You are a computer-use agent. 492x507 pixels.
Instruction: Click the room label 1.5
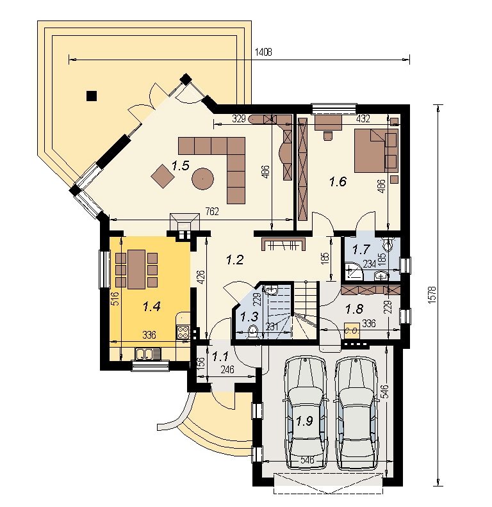click(x=180, y=166)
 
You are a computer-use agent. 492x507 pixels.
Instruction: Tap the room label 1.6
click(x=338, y=182)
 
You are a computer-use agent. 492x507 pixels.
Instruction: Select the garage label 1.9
click(x=304, y=421)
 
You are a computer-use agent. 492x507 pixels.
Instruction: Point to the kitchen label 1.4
click(x=152, y=306)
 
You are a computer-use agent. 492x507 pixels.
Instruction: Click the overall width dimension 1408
click(x=263, y=52)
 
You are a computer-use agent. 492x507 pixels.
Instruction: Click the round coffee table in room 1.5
click(x=202, y=178)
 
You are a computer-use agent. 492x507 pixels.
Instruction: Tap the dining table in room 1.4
click(x=136, y=269)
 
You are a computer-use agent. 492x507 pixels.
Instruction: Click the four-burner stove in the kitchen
click(x=183, y=332)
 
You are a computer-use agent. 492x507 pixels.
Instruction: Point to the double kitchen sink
click(x=144, y=354)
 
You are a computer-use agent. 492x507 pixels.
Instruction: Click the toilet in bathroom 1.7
click(x=388, y=245)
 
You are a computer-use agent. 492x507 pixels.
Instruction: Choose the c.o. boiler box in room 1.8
click(x=352, y=330)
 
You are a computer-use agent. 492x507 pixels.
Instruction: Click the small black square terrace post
click(x=92, y=96)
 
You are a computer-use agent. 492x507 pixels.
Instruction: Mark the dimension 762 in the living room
click(x=212, y=211)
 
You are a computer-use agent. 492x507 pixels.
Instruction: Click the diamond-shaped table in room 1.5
click(x=163, y=176)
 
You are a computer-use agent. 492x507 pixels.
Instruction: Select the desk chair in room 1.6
click(x=328, y=136)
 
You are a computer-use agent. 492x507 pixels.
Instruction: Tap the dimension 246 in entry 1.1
click(x=227, y=369)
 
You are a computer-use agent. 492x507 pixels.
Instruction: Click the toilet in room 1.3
click(x=252, y=332)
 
